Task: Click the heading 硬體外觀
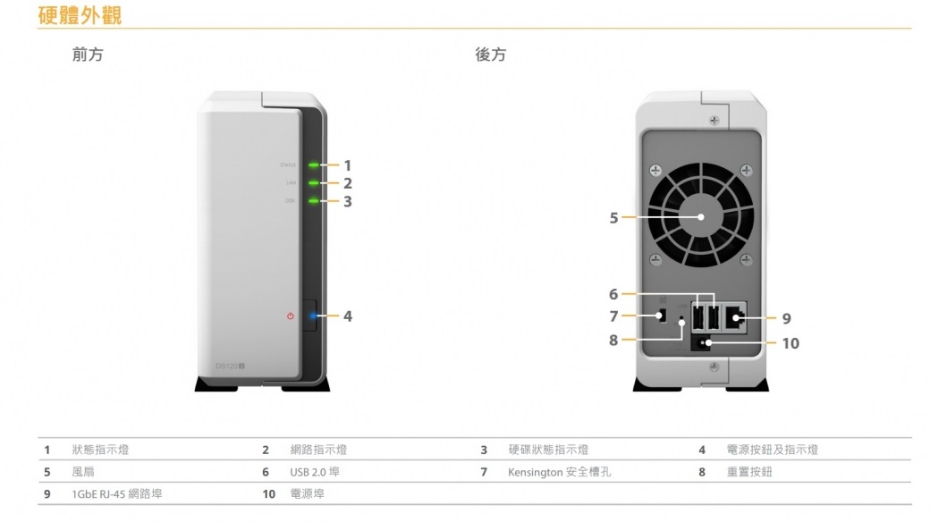click(x=80, y=15)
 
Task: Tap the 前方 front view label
click(x=87, y=55)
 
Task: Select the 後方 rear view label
click(x=490, y=55)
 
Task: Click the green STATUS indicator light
click(x=314, y=165)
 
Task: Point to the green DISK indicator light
click(x=314, y=201)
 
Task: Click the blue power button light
click(x=312, y=316)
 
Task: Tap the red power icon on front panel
click(x=290, y=316)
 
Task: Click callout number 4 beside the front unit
click(x=348, y=316)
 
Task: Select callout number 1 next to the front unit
click(x=348, y=165)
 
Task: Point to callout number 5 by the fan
click(x=613, y=217)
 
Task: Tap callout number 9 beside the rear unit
click(x=786, y=318)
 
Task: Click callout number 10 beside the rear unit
click(x=790, y=343)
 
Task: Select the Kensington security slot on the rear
click(x=662, y=316)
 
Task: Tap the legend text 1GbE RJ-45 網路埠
click(x=116, y=493)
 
